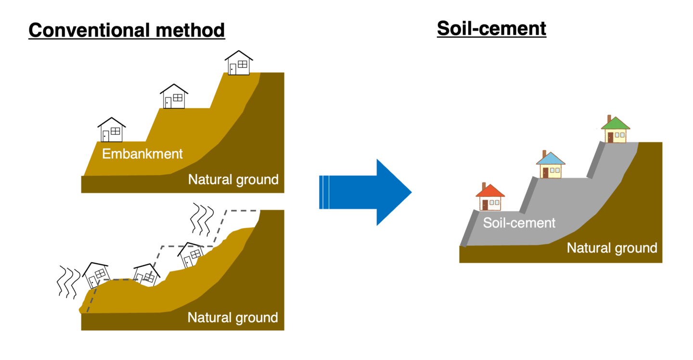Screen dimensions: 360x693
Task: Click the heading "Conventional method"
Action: pos(127,30)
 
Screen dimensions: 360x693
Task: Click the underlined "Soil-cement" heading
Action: pos(491,28)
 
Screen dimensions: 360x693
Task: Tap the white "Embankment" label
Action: pos(142,154)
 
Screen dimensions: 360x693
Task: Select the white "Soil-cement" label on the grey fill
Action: pos(519,223)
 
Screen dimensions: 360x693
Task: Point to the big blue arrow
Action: pos(366,192)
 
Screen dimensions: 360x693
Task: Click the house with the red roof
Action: pos(490,198)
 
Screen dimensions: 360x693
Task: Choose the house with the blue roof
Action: pos(551,166)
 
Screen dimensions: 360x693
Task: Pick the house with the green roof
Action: pos(615,130)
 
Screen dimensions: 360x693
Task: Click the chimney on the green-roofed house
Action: pos(609,118)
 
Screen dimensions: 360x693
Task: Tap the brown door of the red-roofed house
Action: pos(485,205)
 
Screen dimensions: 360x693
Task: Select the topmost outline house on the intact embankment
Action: pos(239,63)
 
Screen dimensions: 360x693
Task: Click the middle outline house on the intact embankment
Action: pos(173,96)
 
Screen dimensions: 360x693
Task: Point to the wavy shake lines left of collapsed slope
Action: pos(67,281)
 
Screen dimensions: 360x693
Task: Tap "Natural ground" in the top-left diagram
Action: pos(233,180)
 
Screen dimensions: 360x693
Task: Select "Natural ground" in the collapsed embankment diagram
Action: pos(232,318)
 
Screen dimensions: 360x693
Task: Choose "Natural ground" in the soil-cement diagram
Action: pos(612,248)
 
